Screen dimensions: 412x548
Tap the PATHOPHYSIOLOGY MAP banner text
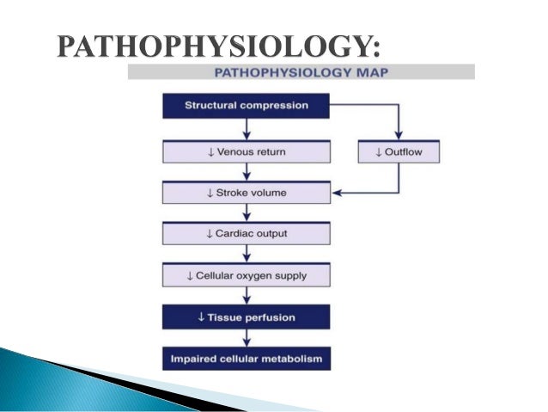301,71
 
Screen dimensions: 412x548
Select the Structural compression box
247,107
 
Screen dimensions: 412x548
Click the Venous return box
247,152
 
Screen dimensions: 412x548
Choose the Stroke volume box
247,193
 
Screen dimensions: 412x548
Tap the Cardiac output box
247,233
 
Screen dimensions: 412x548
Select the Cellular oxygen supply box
247,275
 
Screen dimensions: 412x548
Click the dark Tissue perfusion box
247,317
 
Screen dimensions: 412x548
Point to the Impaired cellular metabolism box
247,358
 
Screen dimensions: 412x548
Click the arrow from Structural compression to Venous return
247,130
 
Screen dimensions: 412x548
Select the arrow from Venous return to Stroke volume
247,172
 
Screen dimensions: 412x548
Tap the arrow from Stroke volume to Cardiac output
247,213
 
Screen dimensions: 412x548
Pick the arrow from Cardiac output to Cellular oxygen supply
247,255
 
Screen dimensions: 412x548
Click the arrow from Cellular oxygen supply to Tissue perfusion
247,296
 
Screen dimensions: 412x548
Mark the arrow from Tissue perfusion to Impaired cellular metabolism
247,337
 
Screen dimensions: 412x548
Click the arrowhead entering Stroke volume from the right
338,193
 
